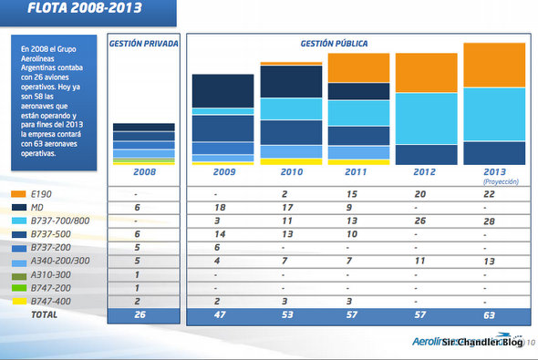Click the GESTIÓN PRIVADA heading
pyautogui.click(x=142, y=44)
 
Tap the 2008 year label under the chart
pyautogui.click(x=143, y=171)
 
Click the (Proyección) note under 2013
pyautogui.click(x=496, y=181)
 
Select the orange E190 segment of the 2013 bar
pyautogui.click(x=495, y=65)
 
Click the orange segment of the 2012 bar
pyautogui.click(x=426, y=73)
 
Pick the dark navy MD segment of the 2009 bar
pyautogui.click(x=222, y=91)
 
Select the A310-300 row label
pyautogui.click(x=53, y=274)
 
